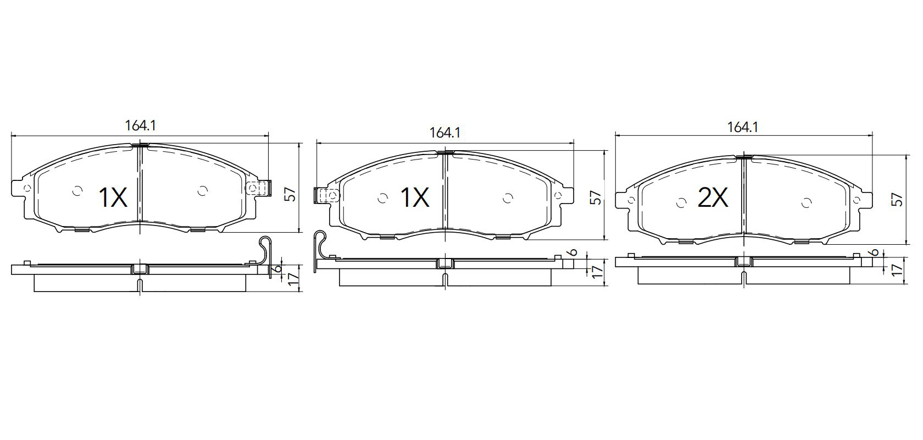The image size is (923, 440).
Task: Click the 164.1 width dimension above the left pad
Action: click(140, 125)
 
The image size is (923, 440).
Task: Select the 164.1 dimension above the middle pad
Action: click(444, 133)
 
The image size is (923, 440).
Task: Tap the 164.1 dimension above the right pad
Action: click(743, 127)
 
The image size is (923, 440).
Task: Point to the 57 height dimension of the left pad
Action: click(291, 194)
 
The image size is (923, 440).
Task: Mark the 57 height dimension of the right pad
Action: click(899, 200)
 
